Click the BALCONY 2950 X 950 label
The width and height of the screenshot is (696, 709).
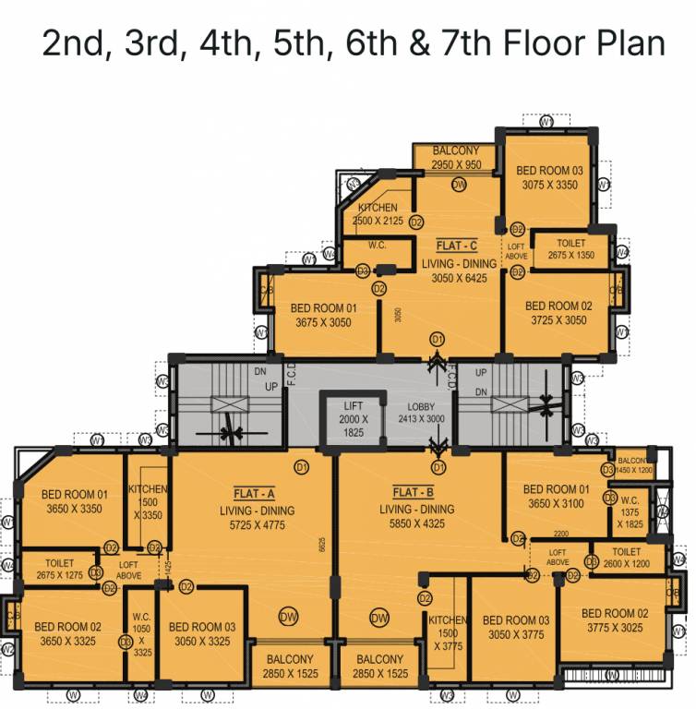(x=455, y=158)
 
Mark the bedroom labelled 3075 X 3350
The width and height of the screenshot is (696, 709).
(x=549, y=177)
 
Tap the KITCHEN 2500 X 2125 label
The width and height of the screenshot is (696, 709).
(x=378, y=214)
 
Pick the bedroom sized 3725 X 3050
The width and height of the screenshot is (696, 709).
(x=558, y=314)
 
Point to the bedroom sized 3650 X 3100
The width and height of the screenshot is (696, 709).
(x=556, y=496)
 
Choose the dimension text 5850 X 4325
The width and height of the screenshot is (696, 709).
(x=416, y=525)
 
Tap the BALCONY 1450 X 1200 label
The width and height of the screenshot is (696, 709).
(x=633, y=465)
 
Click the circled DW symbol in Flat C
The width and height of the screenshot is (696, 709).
(x=459, y=185)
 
